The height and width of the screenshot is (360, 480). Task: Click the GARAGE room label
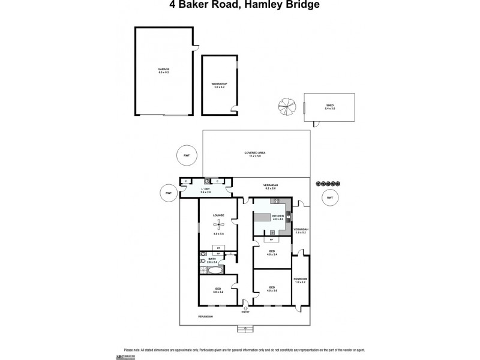point(163,70)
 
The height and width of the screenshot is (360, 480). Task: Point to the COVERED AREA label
point(255,153)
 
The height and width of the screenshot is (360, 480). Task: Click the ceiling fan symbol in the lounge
point(218,225)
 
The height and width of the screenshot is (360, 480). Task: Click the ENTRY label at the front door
point(245,312)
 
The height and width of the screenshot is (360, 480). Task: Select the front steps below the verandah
point(245,328)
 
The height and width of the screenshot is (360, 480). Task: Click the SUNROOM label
point(300,279)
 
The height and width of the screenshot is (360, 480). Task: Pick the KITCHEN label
point(277,215)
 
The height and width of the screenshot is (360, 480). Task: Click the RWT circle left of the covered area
point(187,155)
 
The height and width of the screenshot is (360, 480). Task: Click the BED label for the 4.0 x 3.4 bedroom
point(271,251)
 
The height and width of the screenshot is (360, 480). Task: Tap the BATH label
point(212,259)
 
